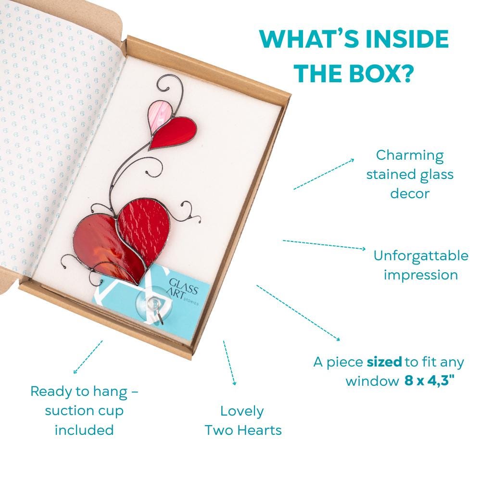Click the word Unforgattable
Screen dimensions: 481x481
click(x=421, y=255)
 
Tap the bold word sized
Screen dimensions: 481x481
click(x=384, y=362)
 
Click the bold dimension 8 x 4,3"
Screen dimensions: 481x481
click(x=430, y=381)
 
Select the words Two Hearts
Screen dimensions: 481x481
click(x=243, y=430)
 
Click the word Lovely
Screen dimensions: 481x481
click(x=242, y=411)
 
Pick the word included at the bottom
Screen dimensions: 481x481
click(x=84, y=430)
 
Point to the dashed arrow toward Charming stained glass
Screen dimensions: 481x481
click(x=324, y=174)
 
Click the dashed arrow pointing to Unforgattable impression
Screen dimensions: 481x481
click(x=324, y=245)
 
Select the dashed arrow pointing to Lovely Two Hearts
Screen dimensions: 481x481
click(x=230, y=363)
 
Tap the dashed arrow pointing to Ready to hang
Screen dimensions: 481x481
click(x=88, y=357)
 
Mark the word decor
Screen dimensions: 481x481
click(x=410, y=193)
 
